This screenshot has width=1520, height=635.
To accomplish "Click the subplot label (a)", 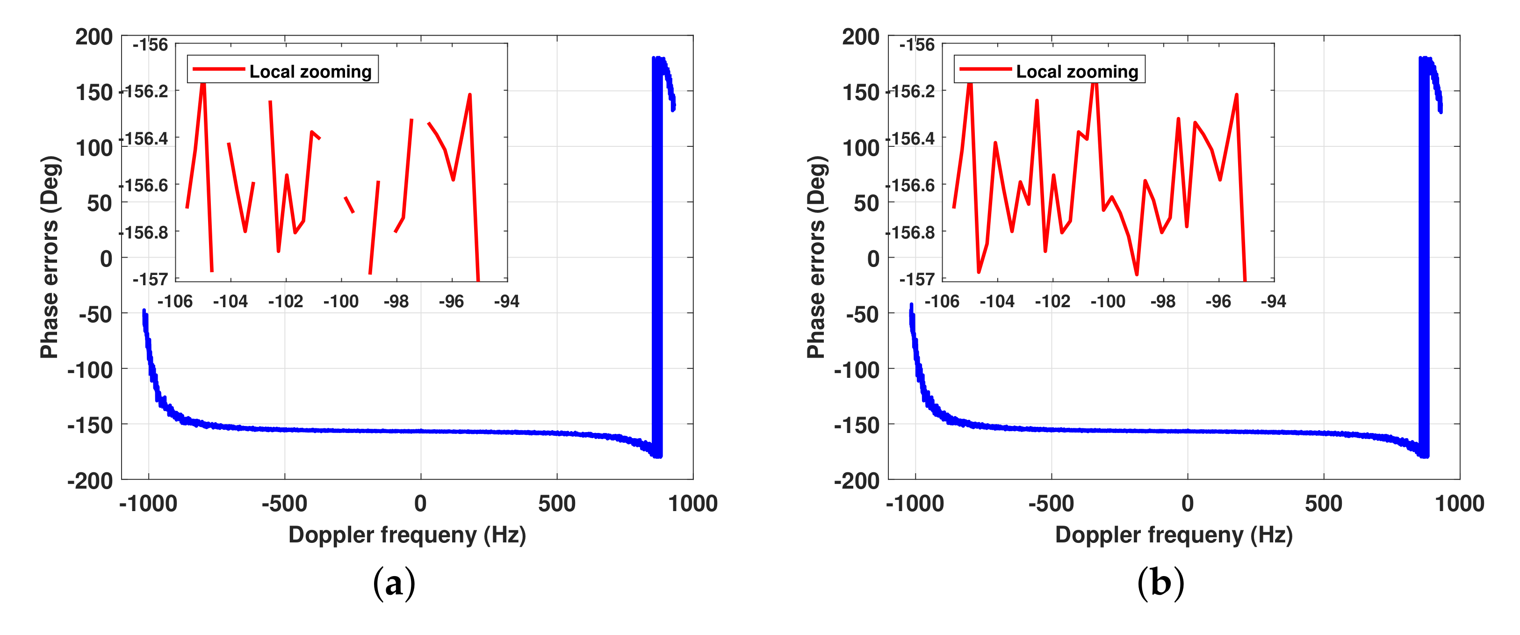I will pyautogui.click(x=394, y=583).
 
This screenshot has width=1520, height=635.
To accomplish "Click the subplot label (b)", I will pyautogui.click(x=1160, y=583).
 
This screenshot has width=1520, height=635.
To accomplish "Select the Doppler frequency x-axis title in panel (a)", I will pyautogui.click(x=407, y=534).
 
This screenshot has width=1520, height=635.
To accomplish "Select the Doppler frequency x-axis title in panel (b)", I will pyautogui.click(x=1173, y=534).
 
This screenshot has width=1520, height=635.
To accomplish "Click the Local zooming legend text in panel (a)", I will pyautogui.click(x=310, y=72).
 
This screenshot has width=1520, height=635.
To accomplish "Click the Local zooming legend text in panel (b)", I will pyautogui.click(x=1077, y=72).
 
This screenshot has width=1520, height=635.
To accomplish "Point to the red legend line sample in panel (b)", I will pyautogui.click(x=985, y=70).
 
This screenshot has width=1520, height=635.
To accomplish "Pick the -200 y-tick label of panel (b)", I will pyautogui.click(x=856, y=480).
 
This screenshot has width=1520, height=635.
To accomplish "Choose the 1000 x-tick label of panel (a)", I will pyautogui.click(x=693, y=504).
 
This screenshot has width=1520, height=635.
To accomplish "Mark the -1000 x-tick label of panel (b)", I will pyautogui.click(x=915, y=504).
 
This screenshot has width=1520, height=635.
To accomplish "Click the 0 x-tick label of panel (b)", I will pyautogui.click(x=1187, y=504).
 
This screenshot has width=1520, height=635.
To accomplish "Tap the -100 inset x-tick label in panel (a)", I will pyautogui.click(x=340, y=302).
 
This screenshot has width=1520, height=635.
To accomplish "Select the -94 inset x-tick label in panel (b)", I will pyautogui.click(x=1273, y=302).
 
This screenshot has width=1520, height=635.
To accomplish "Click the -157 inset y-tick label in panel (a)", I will pyautogui.click(x=150, y=279).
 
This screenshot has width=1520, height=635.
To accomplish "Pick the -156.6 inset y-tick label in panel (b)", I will pyautogui.click(x=912, y=185).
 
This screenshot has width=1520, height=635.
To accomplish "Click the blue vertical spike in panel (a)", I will pyautogui.click(x=657, y=254).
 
